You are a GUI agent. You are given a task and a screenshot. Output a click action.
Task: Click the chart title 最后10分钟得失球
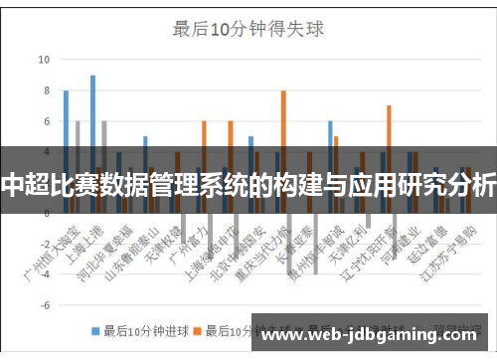click(248, 29)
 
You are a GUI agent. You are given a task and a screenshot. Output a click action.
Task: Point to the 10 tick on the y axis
click(43, 59)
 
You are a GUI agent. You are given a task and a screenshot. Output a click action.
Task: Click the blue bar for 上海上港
click(92, 114)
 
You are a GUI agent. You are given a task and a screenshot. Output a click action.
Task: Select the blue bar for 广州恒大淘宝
click(66, 119)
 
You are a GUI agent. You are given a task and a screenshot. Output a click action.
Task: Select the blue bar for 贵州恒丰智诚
click(330, 139)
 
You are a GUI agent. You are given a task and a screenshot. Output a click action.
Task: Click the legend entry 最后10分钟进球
click(138, 330)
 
